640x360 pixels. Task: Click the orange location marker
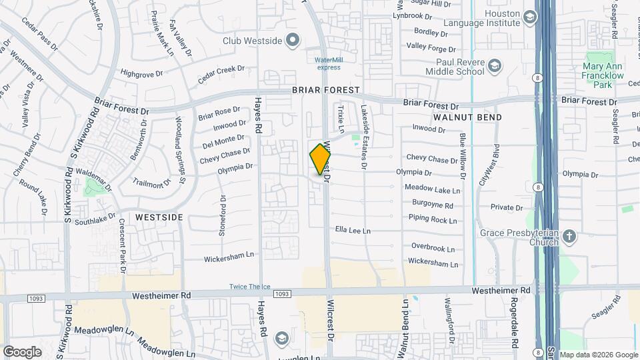click(x=320, y=159)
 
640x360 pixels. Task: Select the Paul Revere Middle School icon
click(x=495, y=65)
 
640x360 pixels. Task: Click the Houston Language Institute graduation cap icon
click(x=530, y=16)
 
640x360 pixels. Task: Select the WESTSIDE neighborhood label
click(x=159, y=217)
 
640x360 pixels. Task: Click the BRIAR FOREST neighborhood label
click(x=325, y=89)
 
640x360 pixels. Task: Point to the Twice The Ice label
click(x=250, y=287)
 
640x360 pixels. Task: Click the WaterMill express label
click(x=329, y=63)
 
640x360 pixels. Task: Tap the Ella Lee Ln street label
click(x=352, y=231)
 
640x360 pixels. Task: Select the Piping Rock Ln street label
click(x=433, y=219)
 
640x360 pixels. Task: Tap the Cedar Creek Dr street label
click(x=222, y=75)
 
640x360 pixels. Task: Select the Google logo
click(x=22, y=351)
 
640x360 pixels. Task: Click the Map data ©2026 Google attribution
click(x=598, y=355)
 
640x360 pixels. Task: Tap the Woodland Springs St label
click(x=179, y=150)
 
